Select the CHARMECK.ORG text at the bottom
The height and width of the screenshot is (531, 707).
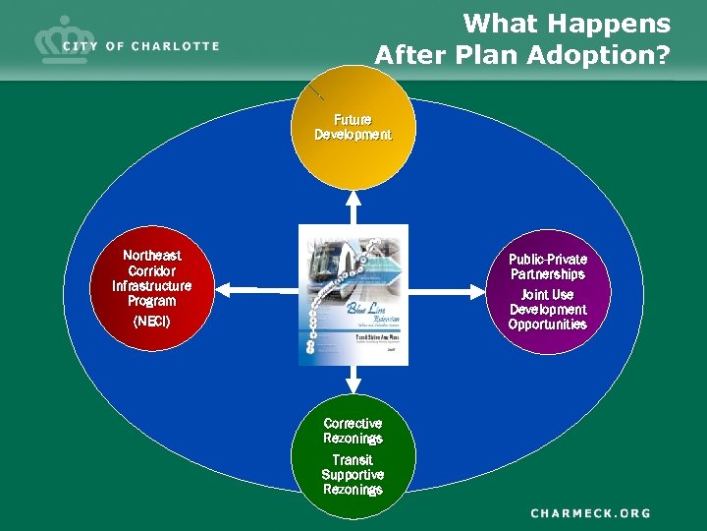coord(591,512)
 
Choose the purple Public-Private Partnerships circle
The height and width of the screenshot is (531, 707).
coord(548,290)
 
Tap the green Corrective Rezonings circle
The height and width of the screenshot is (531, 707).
coord(353,458)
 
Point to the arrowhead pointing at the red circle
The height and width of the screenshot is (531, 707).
coord(222,289)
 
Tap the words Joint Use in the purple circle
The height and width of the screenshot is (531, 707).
coord(548,295)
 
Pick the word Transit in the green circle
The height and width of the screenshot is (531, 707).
coord(353,460)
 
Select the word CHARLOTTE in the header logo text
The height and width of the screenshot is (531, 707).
coord(176,46)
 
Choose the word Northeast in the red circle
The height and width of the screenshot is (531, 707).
coord(152,256)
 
